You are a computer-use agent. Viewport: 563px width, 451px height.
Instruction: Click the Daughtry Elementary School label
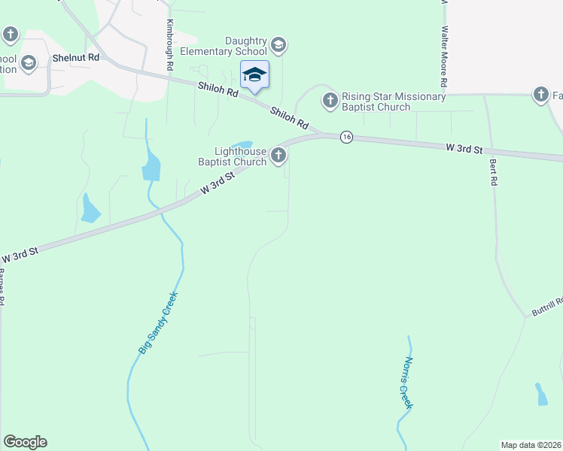point(224,46)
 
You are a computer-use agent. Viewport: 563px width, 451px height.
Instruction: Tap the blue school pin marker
point(254,75)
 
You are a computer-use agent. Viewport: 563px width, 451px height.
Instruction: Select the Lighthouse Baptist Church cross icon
point(278,156)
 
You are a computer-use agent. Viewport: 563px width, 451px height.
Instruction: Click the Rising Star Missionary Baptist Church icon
point(330,100)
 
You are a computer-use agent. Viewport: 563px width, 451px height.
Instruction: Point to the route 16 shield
point(345,137)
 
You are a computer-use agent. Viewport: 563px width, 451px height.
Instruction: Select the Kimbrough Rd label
point(171,45)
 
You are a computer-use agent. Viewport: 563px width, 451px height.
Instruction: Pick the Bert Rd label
point(494,172)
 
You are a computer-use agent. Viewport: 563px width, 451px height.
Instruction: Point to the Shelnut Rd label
point(76,58)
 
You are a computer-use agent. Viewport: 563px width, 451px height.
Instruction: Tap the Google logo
point(25,442)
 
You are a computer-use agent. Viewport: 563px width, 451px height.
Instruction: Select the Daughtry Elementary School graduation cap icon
point(278,46)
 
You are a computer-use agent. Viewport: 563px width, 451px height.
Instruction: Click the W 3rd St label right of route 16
point(463,149)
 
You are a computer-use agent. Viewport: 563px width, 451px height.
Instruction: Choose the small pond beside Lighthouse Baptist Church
point(242,145)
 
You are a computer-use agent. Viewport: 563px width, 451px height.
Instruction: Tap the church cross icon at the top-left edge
point(11,34)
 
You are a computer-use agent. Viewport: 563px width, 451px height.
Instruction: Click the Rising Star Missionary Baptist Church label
point(394,101)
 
